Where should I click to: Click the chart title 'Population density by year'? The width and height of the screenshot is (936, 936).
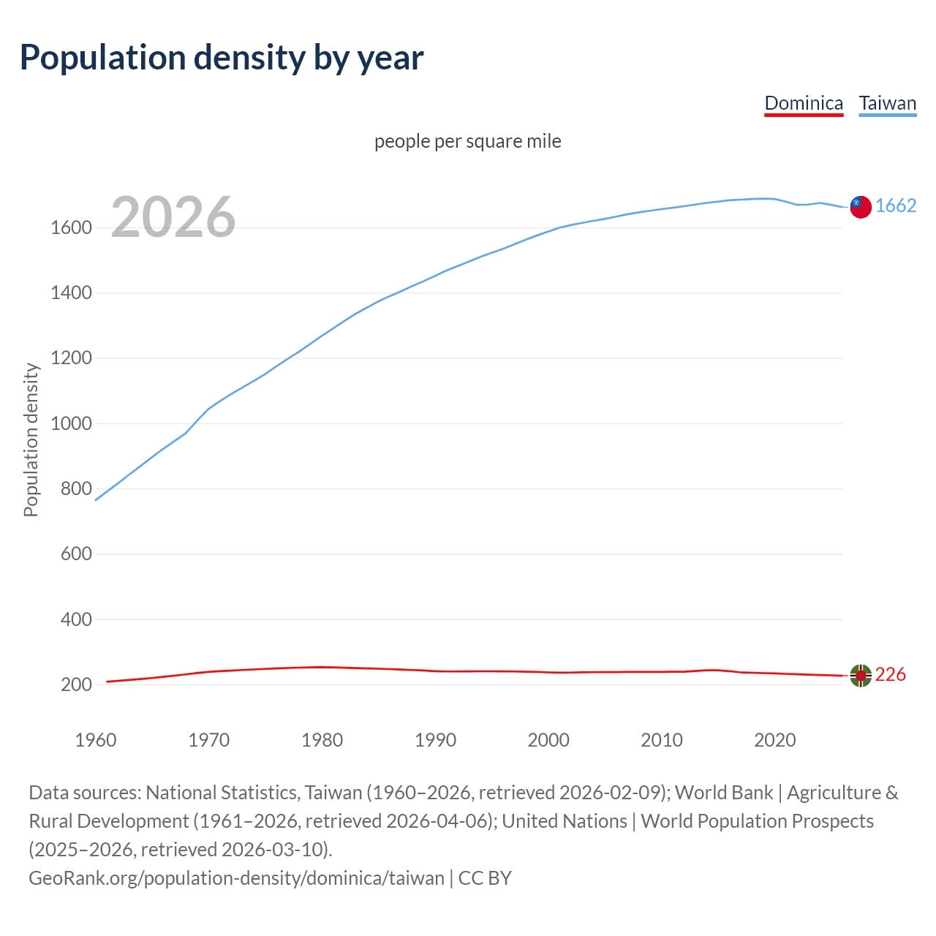222,58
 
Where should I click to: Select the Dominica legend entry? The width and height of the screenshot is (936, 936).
804,103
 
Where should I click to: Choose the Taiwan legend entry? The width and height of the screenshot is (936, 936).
887,103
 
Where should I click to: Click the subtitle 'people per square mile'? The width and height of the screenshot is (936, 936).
468,141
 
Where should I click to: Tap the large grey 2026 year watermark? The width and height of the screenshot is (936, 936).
173,217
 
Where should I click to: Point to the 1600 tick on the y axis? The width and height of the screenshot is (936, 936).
71,228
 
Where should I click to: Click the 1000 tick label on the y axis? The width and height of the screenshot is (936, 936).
71,424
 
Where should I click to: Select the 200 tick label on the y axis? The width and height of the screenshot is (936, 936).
76,685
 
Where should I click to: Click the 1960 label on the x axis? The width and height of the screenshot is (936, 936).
96,740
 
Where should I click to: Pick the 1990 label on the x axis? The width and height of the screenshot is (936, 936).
435,740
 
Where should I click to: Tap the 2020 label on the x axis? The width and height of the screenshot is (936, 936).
774,740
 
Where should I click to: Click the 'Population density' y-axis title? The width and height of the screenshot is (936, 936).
31,440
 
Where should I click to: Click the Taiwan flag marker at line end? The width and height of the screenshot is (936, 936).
861,207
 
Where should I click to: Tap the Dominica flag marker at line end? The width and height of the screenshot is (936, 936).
861,676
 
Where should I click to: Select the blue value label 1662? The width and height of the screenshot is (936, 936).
896,206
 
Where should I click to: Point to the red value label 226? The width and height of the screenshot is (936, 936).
890,675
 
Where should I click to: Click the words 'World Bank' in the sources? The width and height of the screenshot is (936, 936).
723,793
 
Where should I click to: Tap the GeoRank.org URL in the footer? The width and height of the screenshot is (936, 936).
236,878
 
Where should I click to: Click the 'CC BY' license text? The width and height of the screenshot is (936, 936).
485,878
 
